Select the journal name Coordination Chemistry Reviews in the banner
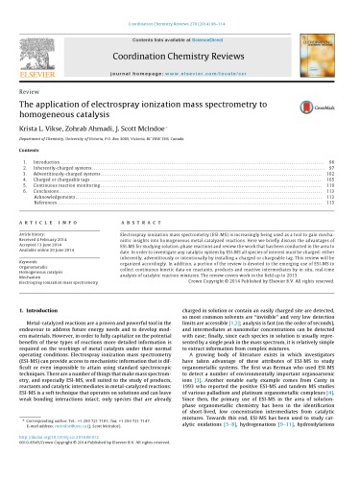tap(180, 32)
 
